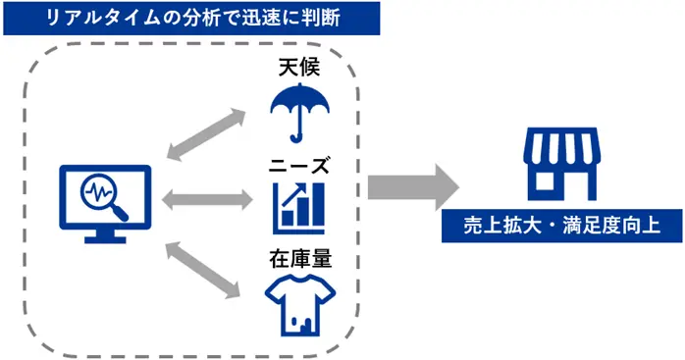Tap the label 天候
[x=300, y=69]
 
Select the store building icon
[x=559, y=162]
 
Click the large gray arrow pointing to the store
[x=413, y=186]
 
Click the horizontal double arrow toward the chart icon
[x=201, y=200]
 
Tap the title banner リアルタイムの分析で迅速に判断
[x=189, y=17]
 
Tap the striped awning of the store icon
[x=559, y=147]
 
